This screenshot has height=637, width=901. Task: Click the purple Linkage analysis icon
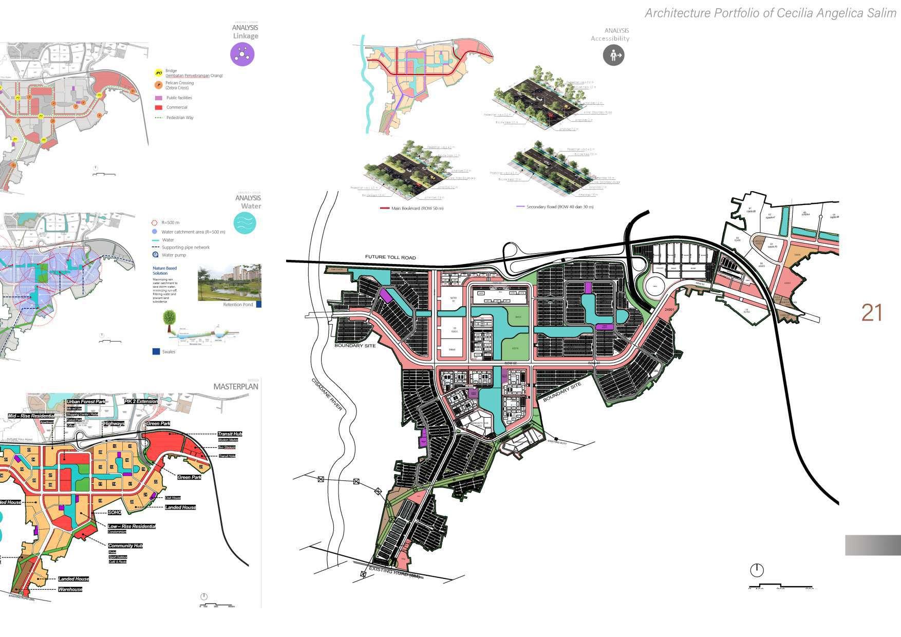tap(242, 54)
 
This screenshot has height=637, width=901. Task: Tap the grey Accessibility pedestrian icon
tap(613, 54)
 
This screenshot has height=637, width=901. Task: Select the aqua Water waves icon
tap(245, 223)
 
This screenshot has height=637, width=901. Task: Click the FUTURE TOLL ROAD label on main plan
tap(390, 257)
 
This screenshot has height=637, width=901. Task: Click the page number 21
tap(872, 313)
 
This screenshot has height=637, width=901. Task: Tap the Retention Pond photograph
tap(229, 283)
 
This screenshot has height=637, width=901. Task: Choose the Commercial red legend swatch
tap(159, 107)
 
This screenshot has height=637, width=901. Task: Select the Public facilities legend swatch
tap(159, 98)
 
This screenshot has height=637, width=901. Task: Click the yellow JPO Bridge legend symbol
tap(159, 73)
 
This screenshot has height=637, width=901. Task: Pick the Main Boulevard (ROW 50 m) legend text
tap(417, 208)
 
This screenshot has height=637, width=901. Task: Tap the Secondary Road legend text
tap(560, 207)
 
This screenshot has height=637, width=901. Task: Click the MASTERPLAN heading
tap(236, 386)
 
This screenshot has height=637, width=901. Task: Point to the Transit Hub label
tap(230, 434)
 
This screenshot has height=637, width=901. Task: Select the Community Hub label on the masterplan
tap(125, 546)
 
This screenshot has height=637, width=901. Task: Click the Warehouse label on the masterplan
tap(70, 589)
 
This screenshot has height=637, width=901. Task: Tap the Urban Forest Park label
tap(86, 402)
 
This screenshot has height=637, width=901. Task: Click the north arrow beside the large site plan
tap(757, 570)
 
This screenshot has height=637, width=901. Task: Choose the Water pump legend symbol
tap(155, 255)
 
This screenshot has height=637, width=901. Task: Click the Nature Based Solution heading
tap(164, 271)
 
